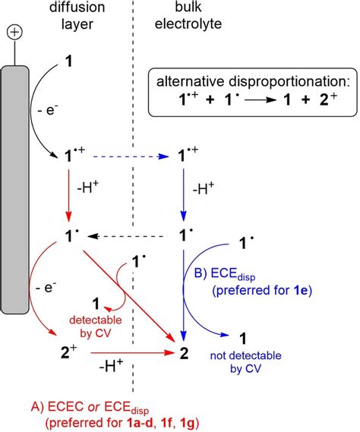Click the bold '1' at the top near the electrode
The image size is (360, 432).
click(71, 79)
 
